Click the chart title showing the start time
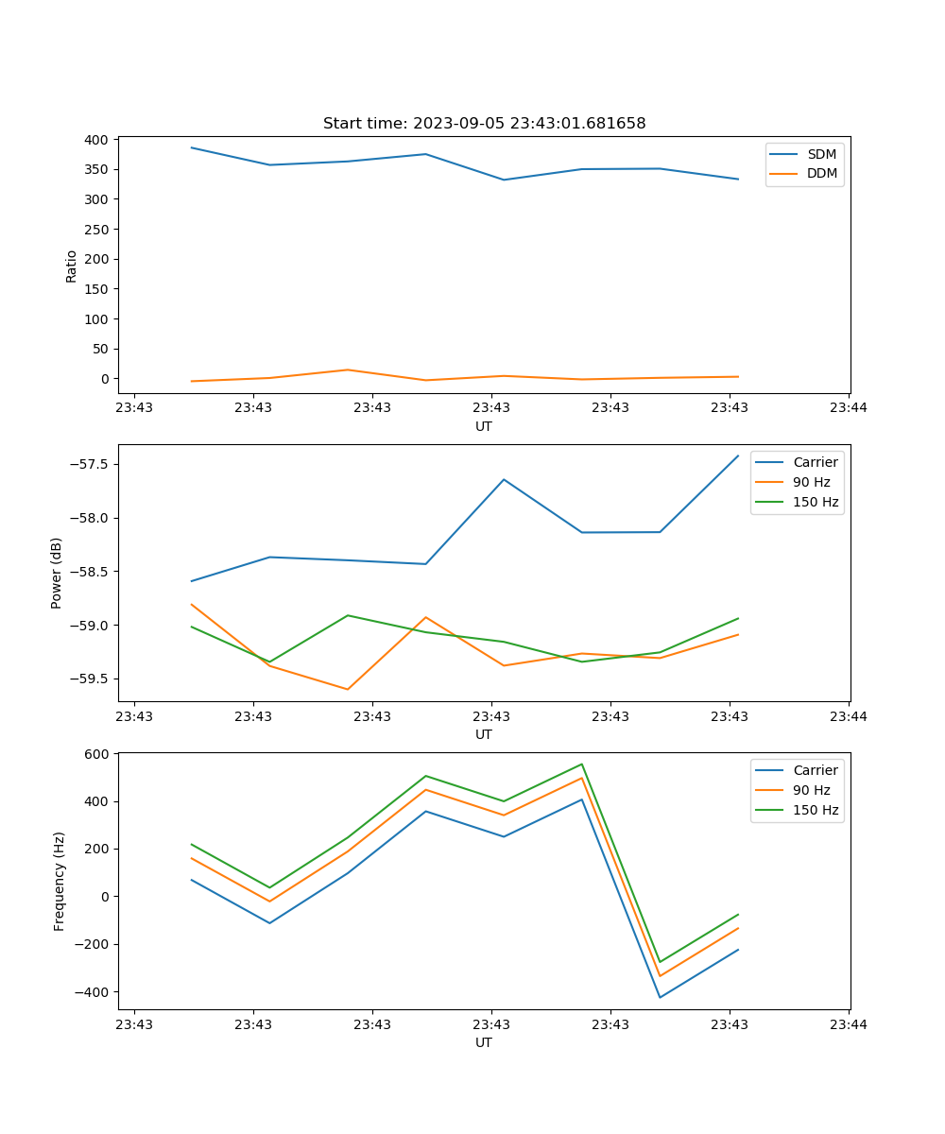click(484, 124)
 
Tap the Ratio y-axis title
click(71, 266)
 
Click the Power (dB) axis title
click(57, 573)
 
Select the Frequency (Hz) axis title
click(59, 881)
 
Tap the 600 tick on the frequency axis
click(97, 754)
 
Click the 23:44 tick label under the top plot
click(848, 407)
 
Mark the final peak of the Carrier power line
click(738, 455)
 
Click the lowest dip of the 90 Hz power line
click(348, 689)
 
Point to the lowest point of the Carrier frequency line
click(660, 997)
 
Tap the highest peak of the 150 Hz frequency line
click(581, 765)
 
